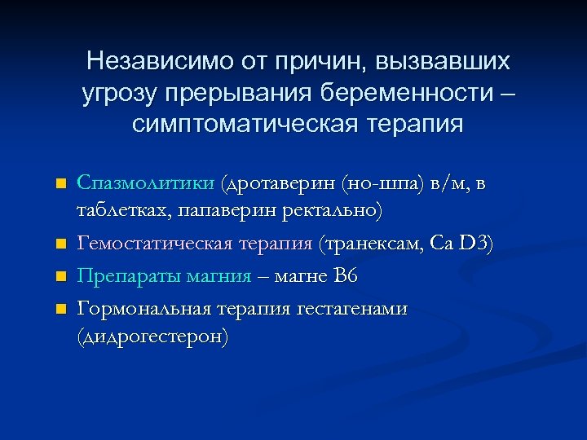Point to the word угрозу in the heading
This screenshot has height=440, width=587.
[x=119, y=94]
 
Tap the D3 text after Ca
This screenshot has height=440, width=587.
[x=473, y=244]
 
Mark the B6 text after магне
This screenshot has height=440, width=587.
[x=346, y=276]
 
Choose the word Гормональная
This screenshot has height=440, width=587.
[x=143, y=309]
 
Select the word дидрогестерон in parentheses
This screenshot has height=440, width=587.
[x=152, y=337]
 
